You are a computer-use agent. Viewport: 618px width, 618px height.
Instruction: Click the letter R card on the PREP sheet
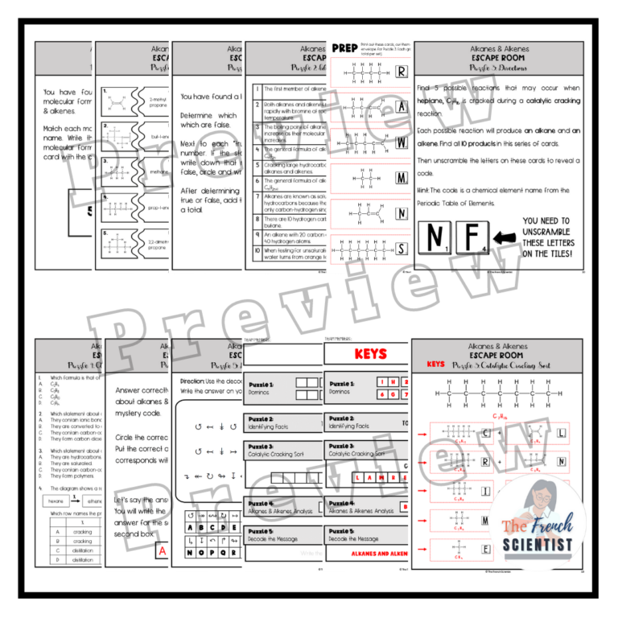402,71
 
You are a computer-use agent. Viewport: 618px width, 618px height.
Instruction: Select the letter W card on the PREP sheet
402,142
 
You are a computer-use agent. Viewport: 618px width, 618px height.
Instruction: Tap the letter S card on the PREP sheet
402,249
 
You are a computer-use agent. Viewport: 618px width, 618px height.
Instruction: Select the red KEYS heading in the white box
370,353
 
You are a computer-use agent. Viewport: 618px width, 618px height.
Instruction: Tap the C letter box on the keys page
487,435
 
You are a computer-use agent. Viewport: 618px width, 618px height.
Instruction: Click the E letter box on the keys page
487,550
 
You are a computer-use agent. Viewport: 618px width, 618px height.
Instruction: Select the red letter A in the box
162,551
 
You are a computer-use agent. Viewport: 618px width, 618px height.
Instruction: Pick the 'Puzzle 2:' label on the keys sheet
341,419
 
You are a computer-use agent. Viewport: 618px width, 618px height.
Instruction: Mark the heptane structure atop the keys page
497,393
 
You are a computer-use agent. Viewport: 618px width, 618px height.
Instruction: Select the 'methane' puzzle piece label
158,171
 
